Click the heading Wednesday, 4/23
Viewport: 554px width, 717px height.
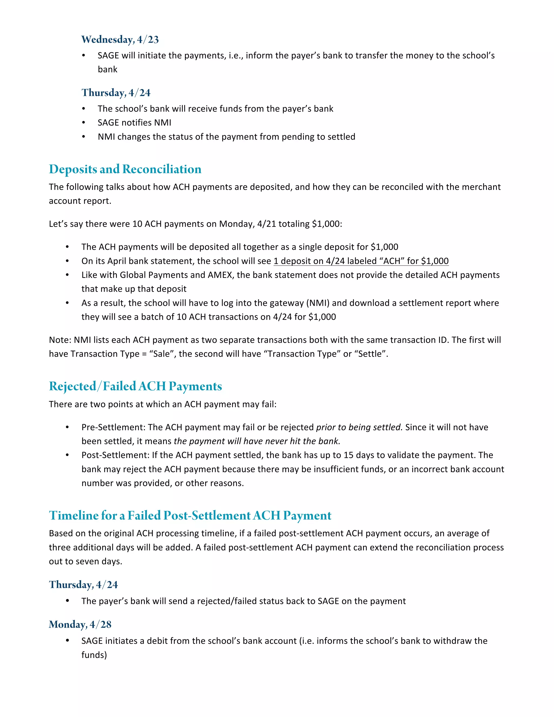[120, 40]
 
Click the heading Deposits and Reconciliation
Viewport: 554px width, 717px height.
[125, 169]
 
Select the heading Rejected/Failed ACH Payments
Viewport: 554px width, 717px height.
[135, 386]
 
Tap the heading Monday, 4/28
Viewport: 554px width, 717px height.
[80, 624]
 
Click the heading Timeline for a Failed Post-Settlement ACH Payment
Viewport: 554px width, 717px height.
[190, 515]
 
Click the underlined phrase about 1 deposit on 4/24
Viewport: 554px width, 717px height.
[361, 261]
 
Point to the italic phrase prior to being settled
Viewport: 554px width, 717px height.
[359, 427]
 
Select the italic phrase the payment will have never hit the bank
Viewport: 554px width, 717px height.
[257, 441]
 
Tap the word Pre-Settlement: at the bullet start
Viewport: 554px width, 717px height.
[113, 427]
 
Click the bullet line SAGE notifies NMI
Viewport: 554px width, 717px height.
[134, 123]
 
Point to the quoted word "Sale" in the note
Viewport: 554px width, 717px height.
[161, 354]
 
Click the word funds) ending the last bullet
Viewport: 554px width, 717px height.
[94, 655]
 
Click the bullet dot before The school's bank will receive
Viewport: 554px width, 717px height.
[84, 109]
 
